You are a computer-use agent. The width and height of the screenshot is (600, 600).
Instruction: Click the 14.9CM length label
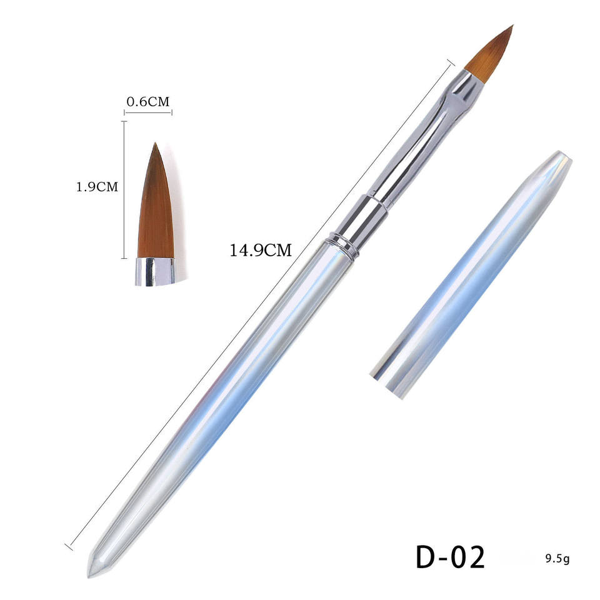click(261, 250)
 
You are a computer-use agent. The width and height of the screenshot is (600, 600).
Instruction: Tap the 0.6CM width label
click(147, 102)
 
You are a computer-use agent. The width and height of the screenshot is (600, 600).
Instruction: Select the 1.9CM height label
click(97, 187)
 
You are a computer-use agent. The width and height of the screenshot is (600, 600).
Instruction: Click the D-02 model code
click(451, 556)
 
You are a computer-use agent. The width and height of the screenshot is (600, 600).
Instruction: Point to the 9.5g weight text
click(557, 559)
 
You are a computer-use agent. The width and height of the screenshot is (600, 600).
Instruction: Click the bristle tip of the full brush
click(512, 26)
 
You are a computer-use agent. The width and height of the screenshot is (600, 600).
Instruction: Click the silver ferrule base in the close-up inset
click(155, 271)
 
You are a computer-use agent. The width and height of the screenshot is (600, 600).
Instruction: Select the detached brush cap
click(471, 274)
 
